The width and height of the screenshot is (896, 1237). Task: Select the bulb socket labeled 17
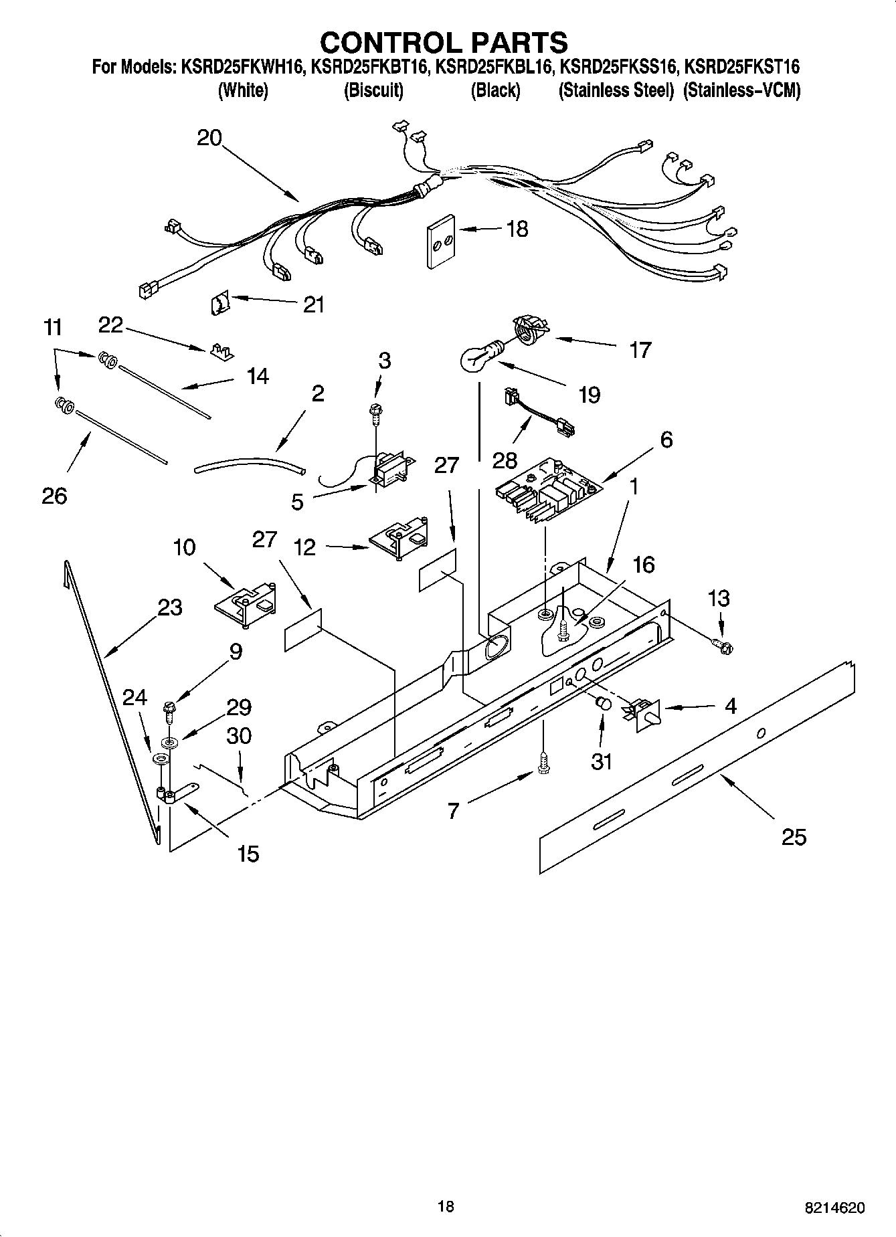click(531, 330)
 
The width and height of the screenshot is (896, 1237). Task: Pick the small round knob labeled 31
click(602, 702)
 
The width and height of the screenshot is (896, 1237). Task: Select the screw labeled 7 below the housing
click(543, 763)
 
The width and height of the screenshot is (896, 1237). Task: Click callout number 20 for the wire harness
click(209, 138)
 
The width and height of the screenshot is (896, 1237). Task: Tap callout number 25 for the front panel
click(794, 837)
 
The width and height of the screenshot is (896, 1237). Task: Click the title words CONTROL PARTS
click(444, 42)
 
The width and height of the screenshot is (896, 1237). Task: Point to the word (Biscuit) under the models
click(373, 90)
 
